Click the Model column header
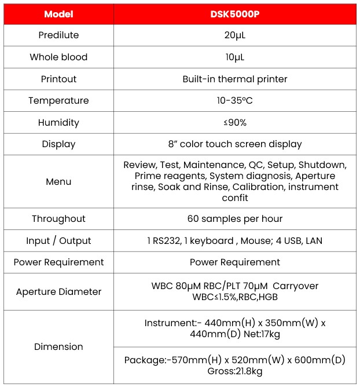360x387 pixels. (x=58, y=14)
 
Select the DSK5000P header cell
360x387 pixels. (x=234, y=14)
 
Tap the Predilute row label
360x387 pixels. (x=58, y=35)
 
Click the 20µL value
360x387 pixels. (x=234, y=35)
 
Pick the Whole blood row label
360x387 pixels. (x=58, y=57)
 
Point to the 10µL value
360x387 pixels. (x=234, y=57)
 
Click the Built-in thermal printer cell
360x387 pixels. (x=234, y=79)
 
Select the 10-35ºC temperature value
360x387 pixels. (x=234, y=101)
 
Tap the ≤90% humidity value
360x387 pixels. (x=234, y=123)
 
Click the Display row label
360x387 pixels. (x=58, y=144)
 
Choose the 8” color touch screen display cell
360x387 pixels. (x=234, y=144)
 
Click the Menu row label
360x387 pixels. (x=58, y=182)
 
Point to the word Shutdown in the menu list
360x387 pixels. (x=322, y=165)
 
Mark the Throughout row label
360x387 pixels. (x=58, y=219)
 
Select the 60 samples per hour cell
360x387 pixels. (x=234, y=219)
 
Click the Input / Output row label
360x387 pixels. (x=58, y=241)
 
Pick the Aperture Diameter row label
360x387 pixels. (x=58, y=292)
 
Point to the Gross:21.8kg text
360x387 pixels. (x=234, y=371)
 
